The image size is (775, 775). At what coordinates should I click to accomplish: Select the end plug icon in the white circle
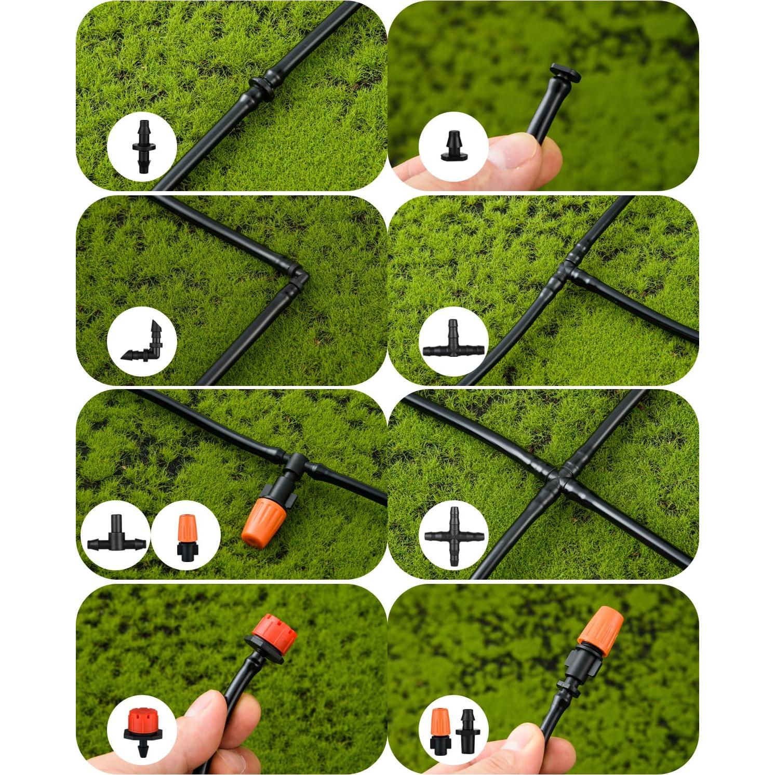[453, 147]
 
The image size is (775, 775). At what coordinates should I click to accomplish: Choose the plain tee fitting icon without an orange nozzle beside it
[453, 341]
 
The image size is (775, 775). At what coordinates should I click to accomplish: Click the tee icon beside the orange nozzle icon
[115, 536]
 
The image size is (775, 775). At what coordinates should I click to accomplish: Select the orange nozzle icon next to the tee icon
[186, 535]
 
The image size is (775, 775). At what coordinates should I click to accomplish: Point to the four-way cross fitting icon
[453, 536]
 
